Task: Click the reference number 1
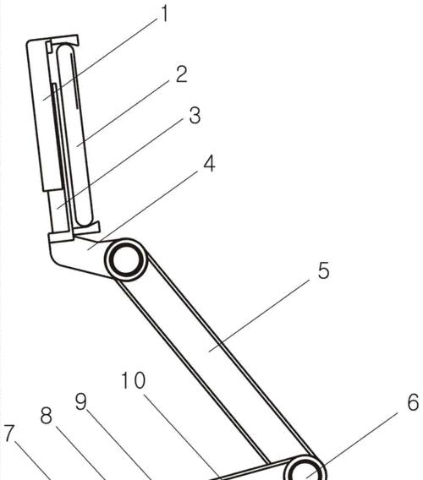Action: pyautogui.click(x=165, y=14)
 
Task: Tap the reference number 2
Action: pyautogui.click(x=181, y=74)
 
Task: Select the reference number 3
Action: pyautogui.click(x=195, y=116)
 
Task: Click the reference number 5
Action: pyautogui.click(x=324, y=270)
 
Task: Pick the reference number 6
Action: pyautogui.click(x=413, y=402)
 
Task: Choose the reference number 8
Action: pyautogui.click(x=47, y=415)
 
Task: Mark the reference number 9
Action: pyautogui.click(x=81, y=401)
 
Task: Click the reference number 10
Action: pyautogui.click(x=134, y=380)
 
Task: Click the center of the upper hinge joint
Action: pyautogui.click(x=126, y=259)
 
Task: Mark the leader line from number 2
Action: pyautogui.click(x=123, y=114)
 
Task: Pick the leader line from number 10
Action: pyautogui.click(x=182, y=438)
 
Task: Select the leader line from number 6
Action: pyautogui.click(x=352, y=445)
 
